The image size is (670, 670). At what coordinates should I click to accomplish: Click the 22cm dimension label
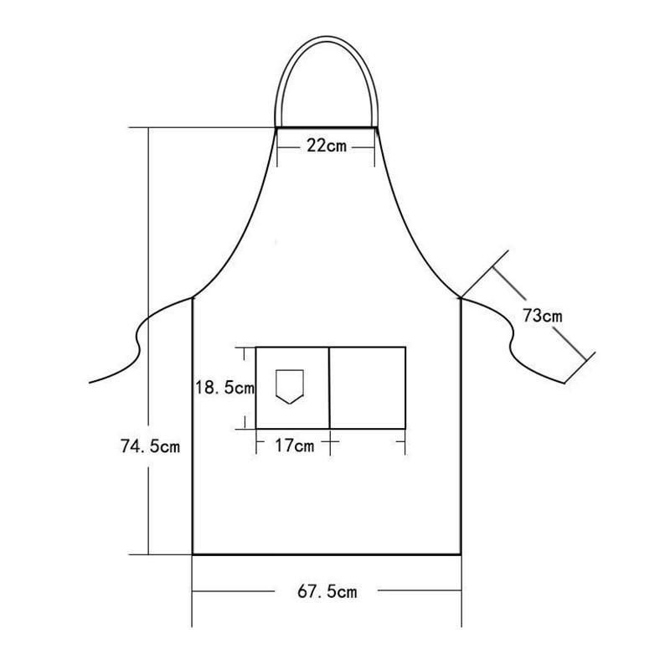(x=326, y=146)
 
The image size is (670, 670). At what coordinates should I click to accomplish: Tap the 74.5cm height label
(x=150, y=446)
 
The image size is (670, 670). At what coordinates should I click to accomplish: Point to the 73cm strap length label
(x=542, y=316)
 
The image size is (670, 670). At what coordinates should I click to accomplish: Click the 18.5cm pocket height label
(x=224, y=388)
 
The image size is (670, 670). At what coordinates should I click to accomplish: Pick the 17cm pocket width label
(x=294, y=446)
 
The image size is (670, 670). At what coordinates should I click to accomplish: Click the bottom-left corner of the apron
(x=193, y=554)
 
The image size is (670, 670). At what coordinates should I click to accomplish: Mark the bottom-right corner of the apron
(x=461, y=554)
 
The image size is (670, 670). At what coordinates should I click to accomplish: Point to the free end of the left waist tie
(x=90, y=383)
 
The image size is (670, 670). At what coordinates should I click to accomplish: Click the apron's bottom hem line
(x=327, y=554)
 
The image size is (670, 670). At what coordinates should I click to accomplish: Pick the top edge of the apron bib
(x=326, y=128)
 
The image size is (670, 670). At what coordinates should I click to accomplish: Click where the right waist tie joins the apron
(x=461, y=296)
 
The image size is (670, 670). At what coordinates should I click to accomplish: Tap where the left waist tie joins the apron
(x=193, y=296)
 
